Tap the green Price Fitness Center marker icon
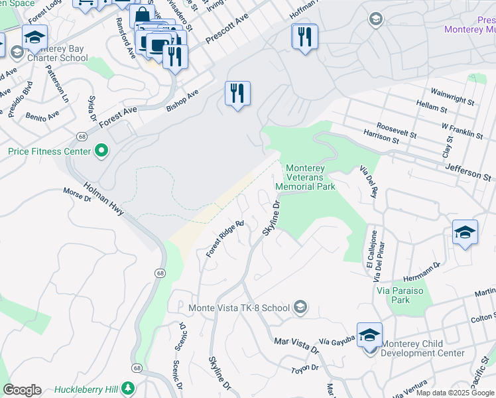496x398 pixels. tap(101, 152)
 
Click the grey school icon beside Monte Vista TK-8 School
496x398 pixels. tap(300, 307)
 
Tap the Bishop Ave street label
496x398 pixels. tap(182, 100)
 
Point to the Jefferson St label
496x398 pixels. tap(469, 173)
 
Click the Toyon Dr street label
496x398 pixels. tap(305, 367)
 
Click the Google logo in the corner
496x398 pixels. tap(22, 390)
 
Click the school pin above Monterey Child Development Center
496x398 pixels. tap(369, 335)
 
